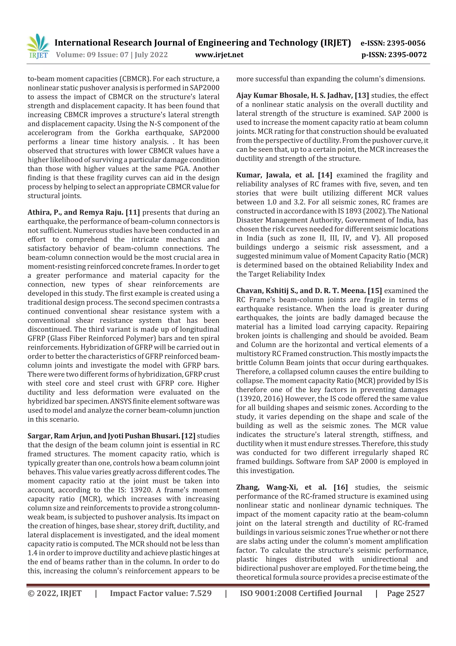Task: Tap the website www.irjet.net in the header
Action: [219, 55]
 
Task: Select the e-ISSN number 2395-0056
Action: [406, 43]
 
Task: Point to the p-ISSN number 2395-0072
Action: [407, 55]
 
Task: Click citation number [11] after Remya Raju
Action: [133, 213]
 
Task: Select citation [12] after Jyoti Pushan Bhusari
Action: [188, 436]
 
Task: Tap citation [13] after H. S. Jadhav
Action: [362, 96]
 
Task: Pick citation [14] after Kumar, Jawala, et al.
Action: [325, 175]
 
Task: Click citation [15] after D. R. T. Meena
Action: [375, 291]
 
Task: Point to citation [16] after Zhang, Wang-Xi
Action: [340, 487]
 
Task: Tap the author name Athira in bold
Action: [38, 213]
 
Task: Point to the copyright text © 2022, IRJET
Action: [55, 593]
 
